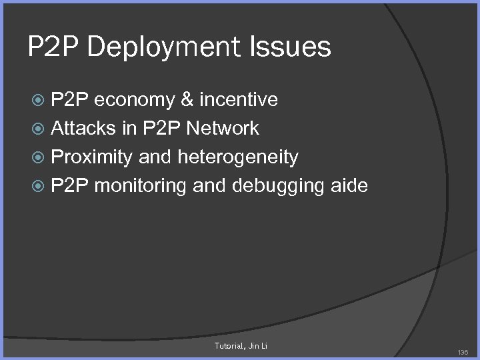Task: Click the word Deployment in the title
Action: click(x=163, y=48)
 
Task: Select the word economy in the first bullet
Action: click(x=136, y=101)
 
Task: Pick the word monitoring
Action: click(x=141, y=185)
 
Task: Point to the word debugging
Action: click(x=278, y=185)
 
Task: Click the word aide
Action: click(x=349, y=185)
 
